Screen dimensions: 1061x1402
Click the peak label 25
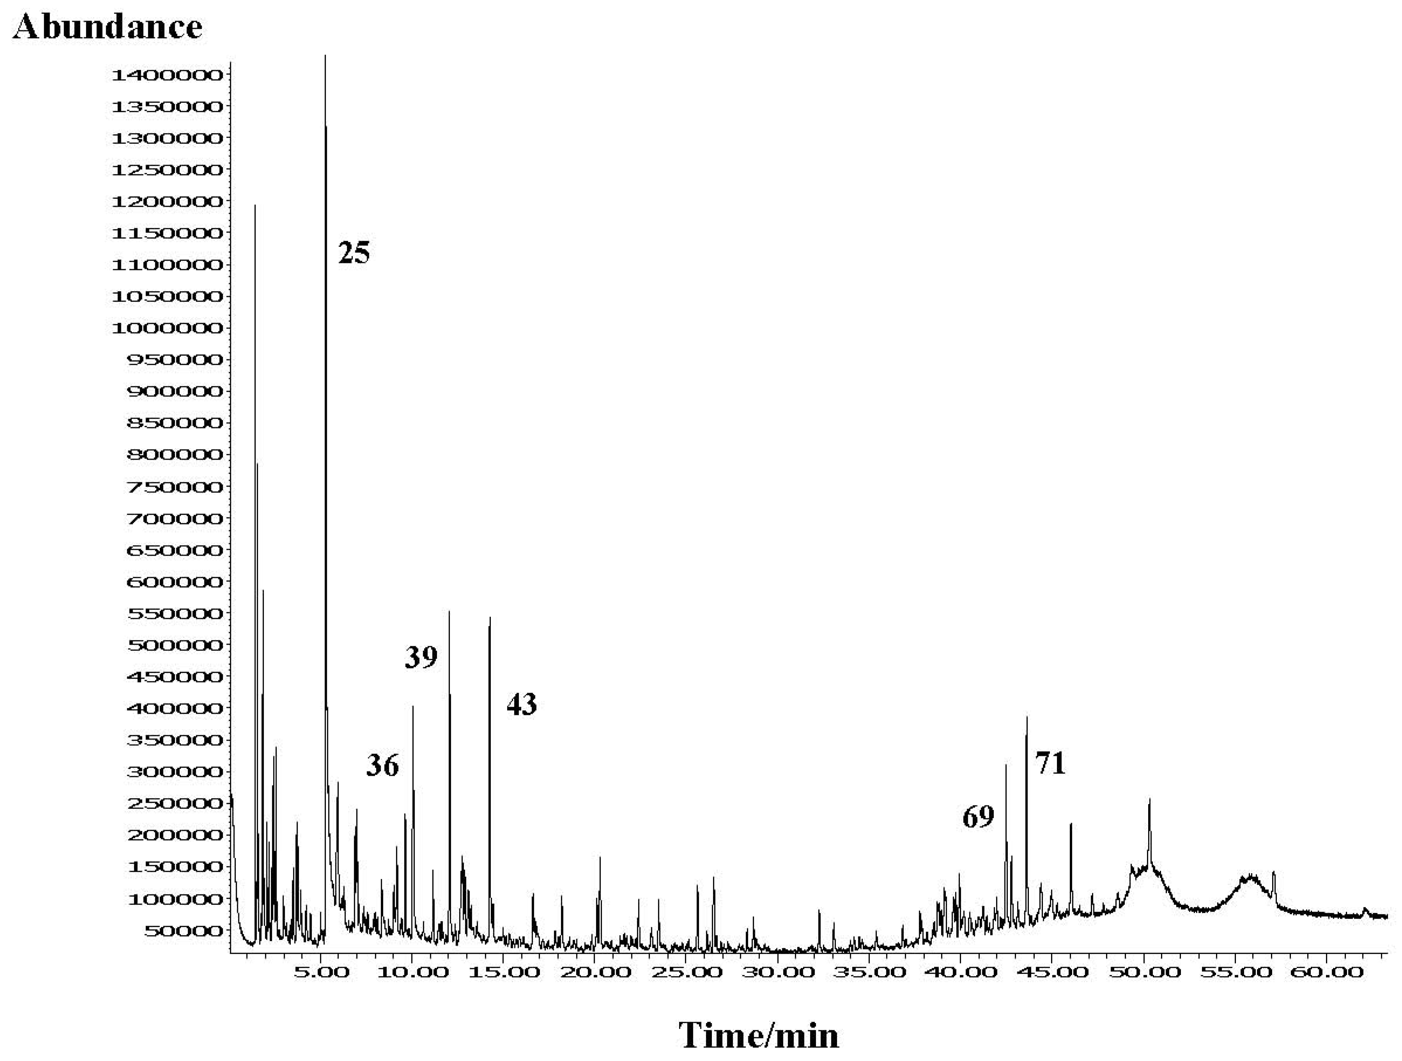(354, 253)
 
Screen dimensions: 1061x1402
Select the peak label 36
(382, 766)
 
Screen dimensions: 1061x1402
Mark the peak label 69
(978, 818)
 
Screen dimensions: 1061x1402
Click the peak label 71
(1050, 764)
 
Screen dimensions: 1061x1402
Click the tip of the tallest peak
(325, 56)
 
